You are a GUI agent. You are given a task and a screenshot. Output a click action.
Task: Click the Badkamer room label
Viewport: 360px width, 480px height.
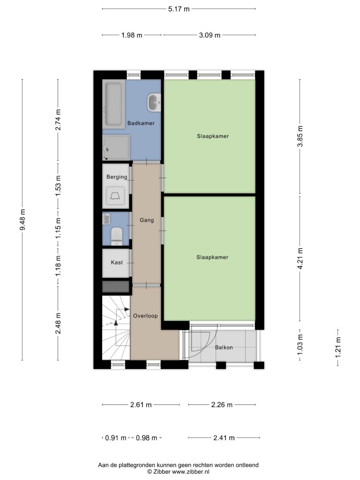[141, 123]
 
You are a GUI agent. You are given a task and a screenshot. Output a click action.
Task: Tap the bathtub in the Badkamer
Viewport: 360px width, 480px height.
[113, 104]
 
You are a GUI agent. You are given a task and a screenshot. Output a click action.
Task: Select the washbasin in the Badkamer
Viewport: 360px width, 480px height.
[154, 103]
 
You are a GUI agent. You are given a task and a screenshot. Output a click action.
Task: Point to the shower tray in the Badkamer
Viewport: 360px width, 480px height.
[116, 148]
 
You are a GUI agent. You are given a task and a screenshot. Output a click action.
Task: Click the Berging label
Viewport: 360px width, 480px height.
[117, 177]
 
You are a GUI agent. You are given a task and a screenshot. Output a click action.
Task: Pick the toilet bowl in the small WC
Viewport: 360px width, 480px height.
[116, 236]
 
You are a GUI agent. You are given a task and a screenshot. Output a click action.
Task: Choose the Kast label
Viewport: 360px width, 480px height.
[117, 262]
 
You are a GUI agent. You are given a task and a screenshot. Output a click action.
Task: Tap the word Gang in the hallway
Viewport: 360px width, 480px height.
[147, 220]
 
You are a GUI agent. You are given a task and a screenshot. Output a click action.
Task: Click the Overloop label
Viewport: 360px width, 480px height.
[145, 316]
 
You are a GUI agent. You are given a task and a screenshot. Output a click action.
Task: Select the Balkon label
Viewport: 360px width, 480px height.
[224, 347]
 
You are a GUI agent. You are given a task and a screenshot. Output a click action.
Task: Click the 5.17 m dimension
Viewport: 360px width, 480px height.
[179, 9]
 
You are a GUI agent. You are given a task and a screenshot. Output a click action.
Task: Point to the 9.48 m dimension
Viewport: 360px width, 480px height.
[22, 220]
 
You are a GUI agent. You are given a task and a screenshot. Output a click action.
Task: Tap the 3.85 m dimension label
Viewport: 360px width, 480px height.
[300, 136]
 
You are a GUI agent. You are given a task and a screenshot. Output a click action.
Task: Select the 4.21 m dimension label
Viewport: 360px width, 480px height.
[300, 259]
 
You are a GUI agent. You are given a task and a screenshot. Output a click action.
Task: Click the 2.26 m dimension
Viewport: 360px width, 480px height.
[222, 405]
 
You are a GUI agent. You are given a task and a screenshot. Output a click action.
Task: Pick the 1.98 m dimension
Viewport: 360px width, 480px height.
[132, 35]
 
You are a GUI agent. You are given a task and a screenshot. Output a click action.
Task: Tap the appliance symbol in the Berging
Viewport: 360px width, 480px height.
[115, 195]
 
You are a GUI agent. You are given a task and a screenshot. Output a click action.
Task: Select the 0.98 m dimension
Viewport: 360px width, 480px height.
[146, 438]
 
